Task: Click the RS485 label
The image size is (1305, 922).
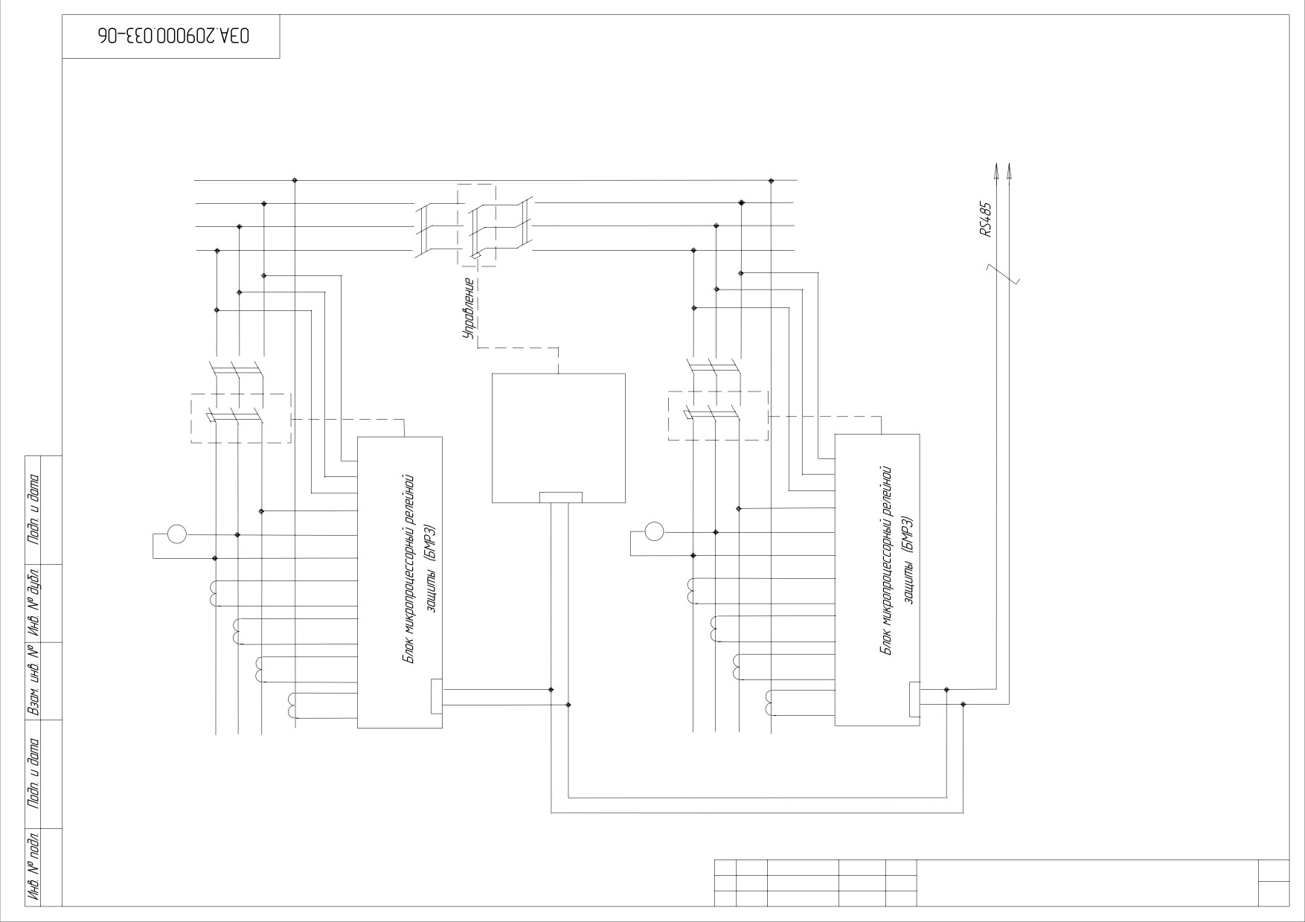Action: [x=987, y=220]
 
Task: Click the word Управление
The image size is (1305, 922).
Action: [x=469, y=309]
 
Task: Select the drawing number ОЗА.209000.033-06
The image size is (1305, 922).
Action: [x=172, y=36]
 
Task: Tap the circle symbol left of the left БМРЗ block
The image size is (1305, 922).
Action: [x=176, y=534]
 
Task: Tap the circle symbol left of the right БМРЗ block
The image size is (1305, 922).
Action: [x=654, y=531]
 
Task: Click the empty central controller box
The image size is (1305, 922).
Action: [x=559, y=438]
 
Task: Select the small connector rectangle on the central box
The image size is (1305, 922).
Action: [x=561, y=498]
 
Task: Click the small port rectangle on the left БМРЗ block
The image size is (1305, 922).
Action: [x=437, y=697]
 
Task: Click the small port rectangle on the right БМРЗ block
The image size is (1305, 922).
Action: [x=914, y=699]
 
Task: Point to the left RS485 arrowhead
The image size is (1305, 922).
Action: [x=995, y=171]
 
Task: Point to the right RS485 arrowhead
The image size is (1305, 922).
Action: [x=1010, y=171]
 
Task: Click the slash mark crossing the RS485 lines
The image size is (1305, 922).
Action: [x=1002, y=275]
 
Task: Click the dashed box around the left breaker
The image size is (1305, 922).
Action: [x=241, y=418]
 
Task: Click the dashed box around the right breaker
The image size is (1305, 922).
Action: [x=719, y=415]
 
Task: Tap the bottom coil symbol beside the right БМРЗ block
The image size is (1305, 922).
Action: [x=769, y=703]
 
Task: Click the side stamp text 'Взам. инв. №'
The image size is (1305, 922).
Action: [x=33, y=682]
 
